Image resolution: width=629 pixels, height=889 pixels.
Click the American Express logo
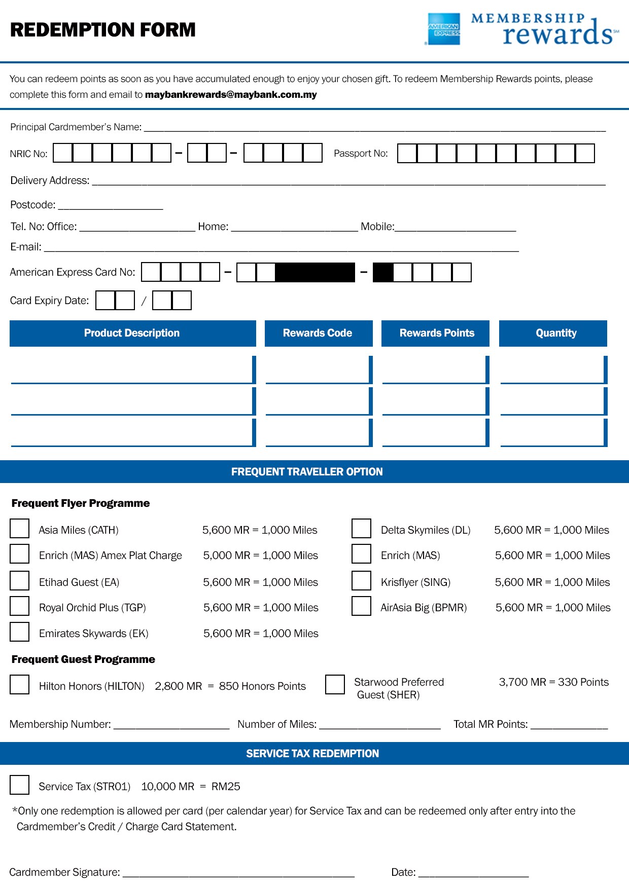pyautogui.click(x=444, y=29)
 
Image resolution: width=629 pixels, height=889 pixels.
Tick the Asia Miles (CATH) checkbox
pyautogui.click(x=20, y=528)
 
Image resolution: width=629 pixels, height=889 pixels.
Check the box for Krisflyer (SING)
pyautogui.click(x=361, y=580)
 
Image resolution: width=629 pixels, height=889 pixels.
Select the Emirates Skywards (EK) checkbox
pyautogui.click(x=20, y=632)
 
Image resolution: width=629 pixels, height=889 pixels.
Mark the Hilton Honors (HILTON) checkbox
pyautogui.click(x=20, y=684)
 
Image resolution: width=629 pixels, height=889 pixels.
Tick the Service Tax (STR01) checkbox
pyautogui.click(x=20, y=785)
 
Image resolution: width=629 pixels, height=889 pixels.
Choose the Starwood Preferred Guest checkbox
pyautogui.click(x=335, y=684)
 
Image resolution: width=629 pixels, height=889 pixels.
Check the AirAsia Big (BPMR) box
pyautogui.click(x=361, y=606)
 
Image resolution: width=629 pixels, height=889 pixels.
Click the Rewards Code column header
pyautogui.click(x=318, y=333)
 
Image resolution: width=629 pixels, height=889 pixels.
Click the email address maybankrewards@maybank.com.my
pyautogui.click(x=231, y=95)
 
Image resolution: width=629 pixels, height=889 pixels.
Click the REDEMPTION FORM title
pyautogui.click(x=103, y=30)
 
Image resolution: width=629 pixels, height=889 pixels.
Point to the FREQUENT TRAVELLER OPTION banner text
pyautogui.click(x=307, y=472)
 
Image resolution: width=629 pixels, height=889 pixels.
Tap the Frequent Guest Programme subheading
pyautogui.click(x=83, y=659)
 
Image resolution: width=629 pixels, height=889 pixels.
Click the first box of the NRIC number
pyautogui.click(x=63, y=153)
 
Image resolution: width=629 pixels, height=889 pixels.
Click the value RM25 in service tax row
pyautogui.click(x=226, y=787)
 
